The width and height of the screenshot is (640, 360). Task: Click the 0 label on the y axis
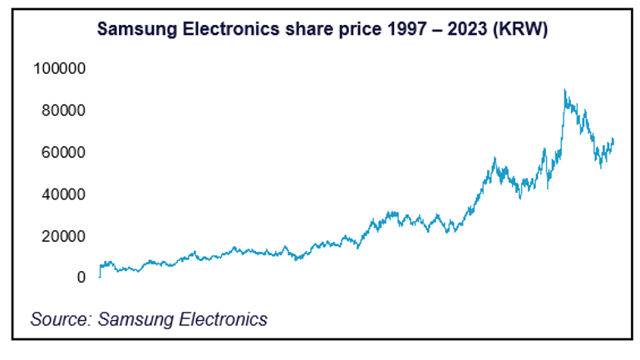tap(81, 278)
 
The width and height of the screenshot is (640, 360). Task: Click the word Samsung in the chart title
tap(132, 29)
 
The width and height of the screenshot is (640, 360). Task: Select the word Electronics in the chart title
tap(219, 29)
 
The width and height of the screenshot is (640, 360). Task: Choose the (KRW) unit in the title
tap(513, 29)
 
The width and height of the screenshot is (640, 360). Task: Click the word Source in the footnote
tap(61, 318)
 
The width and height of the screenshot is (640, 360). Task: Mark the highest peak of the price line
tap(564, 90)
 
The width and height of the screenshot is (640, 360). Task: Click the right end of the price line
tap(613, 139)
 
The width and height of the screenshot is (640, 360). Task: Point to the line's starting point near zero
tap(99, 276)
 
